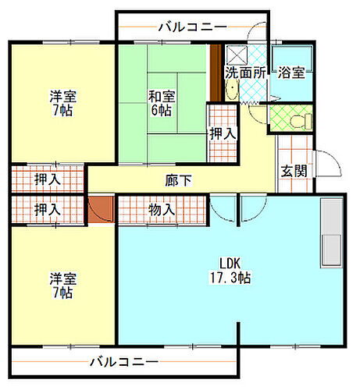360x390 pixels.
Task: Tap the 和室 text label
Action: (162, 97)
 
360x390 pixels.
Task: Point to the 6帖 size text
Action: (162, 110)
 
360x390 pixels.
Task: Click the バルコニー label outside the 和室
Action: (192, 27)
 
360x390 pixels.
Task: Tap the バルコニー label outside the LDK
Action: (123, 362)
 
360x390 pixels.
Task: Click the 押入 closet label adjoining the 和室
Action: (223, 134)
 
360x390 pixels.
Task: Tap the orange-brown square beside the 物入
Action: (102, 209)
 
